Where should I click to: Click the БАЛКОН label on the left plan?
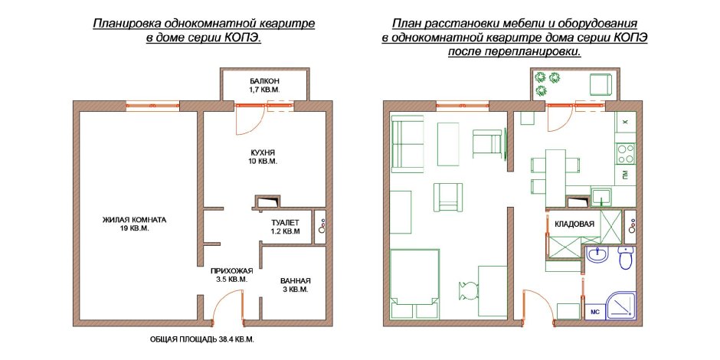[265, 81]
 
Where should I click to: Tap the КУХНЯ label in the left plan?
[261, 152]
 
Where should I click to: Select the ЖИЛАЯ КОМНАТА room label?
[134, 220]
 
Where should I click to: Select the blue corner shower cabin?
[622, 307]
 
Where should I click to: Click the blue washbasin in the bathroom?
[597, 255]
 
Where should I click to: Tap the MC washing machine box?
[595, 312]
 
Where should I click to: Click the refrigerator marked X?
[626, 122]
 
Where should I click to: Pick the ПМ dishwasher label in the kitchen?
[626, 176]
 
